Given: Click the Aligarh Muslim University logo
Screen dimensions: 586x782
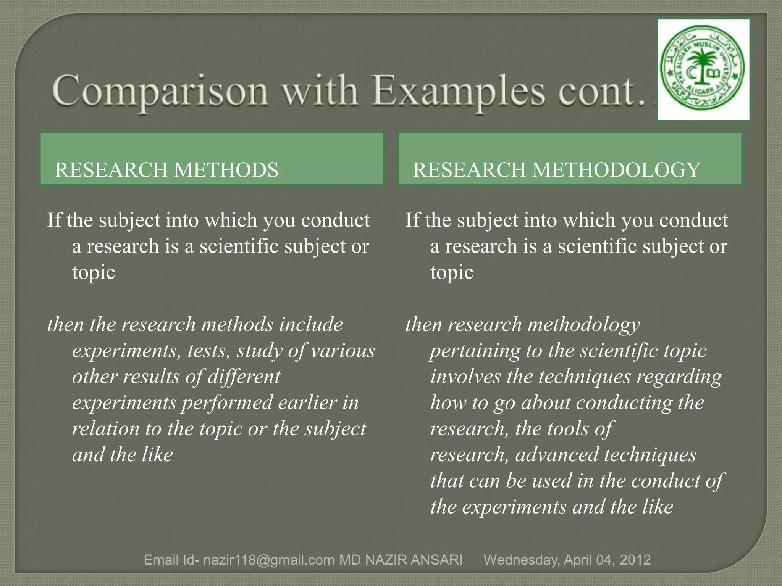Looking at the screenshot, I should (x=704, y=70).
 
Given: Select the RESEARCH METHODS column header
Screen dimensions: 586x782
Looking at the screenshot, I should (x=166, y=170).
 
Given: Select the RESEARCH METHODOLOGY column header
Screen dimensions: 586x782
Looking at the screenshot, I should (x=556, y=170).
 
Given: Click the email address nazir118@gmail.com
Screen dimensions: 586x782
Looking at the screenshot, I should (x=269, y=560).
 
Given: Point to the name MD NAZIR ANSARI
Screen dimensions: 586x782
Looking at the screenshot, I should (x=401, y=560).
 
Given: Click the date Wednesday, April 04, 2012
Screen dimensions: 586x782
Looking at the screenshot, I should (x=567, y=560).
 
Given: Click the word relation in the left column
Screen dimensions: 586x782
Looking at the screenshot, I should (x=106, y=429).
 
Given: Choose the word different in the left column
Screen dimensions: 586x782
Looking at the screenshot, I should (x=244, y=377).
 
